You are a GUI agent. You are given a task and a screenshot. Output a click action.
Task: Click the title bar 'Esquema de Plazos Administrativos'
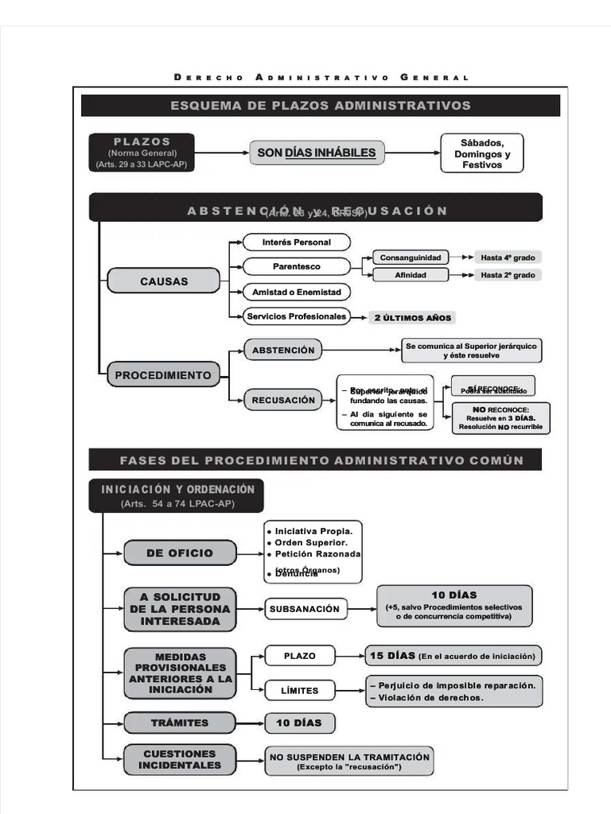coord(321,106)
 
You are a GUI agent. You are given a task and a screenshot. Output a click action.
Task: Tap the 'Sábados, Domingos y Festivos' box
coord(482,153)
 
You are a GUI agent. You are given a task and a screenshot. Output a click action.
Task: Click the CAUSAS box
coord(164,281)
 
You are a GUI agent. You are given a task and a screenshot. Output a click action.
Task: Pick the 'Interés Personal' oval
coord(296,242)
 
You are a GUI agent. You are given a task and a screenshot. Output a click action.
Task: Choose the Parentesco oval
coord(296,266)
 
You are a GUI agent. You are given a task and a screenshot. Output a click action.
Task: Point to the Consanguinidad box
coord(411,258)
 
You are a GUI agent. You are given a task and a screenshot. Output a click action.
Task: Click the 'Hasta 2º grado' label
coord(508,275)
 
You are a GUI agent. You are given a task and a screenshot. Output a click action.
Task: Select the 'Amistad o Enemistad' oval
coord(296,292)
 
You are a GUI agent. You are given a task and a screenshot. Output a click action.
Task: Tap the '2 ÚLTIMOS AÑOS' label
coord(412,318)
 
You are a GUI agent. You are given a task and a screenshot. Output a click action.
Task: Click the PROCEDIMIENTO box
coord(163,375)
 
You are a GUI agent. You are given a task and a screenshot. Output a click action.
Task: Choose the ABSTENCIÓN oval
coord(283,350)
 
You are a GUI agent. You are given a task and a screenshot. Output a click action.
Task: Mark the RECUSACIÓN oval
coord(283,400)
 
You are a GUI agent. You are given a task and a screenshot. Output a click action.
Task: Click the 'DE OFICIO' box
coord(180,552)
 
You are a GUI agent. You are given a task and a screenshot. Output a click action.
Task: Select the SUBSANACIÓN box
coord(305,609)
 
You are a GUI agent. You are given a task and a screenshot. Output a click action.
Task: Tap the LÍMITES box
coord(299,691)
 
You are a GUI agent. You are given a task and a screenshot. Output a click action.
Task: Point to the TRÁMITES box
coord(180,723)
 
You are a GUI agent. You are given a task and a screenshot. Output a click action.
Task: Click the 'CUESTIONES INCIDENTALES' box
coord(180,759)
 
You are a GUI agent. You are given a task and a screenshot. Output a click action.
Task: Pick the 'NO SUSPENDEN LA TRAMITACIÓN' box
coord(349,762)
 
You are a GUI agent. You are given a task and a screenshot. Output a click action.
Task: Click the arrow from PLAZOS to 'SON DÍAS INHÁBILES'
coord(222,153)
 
